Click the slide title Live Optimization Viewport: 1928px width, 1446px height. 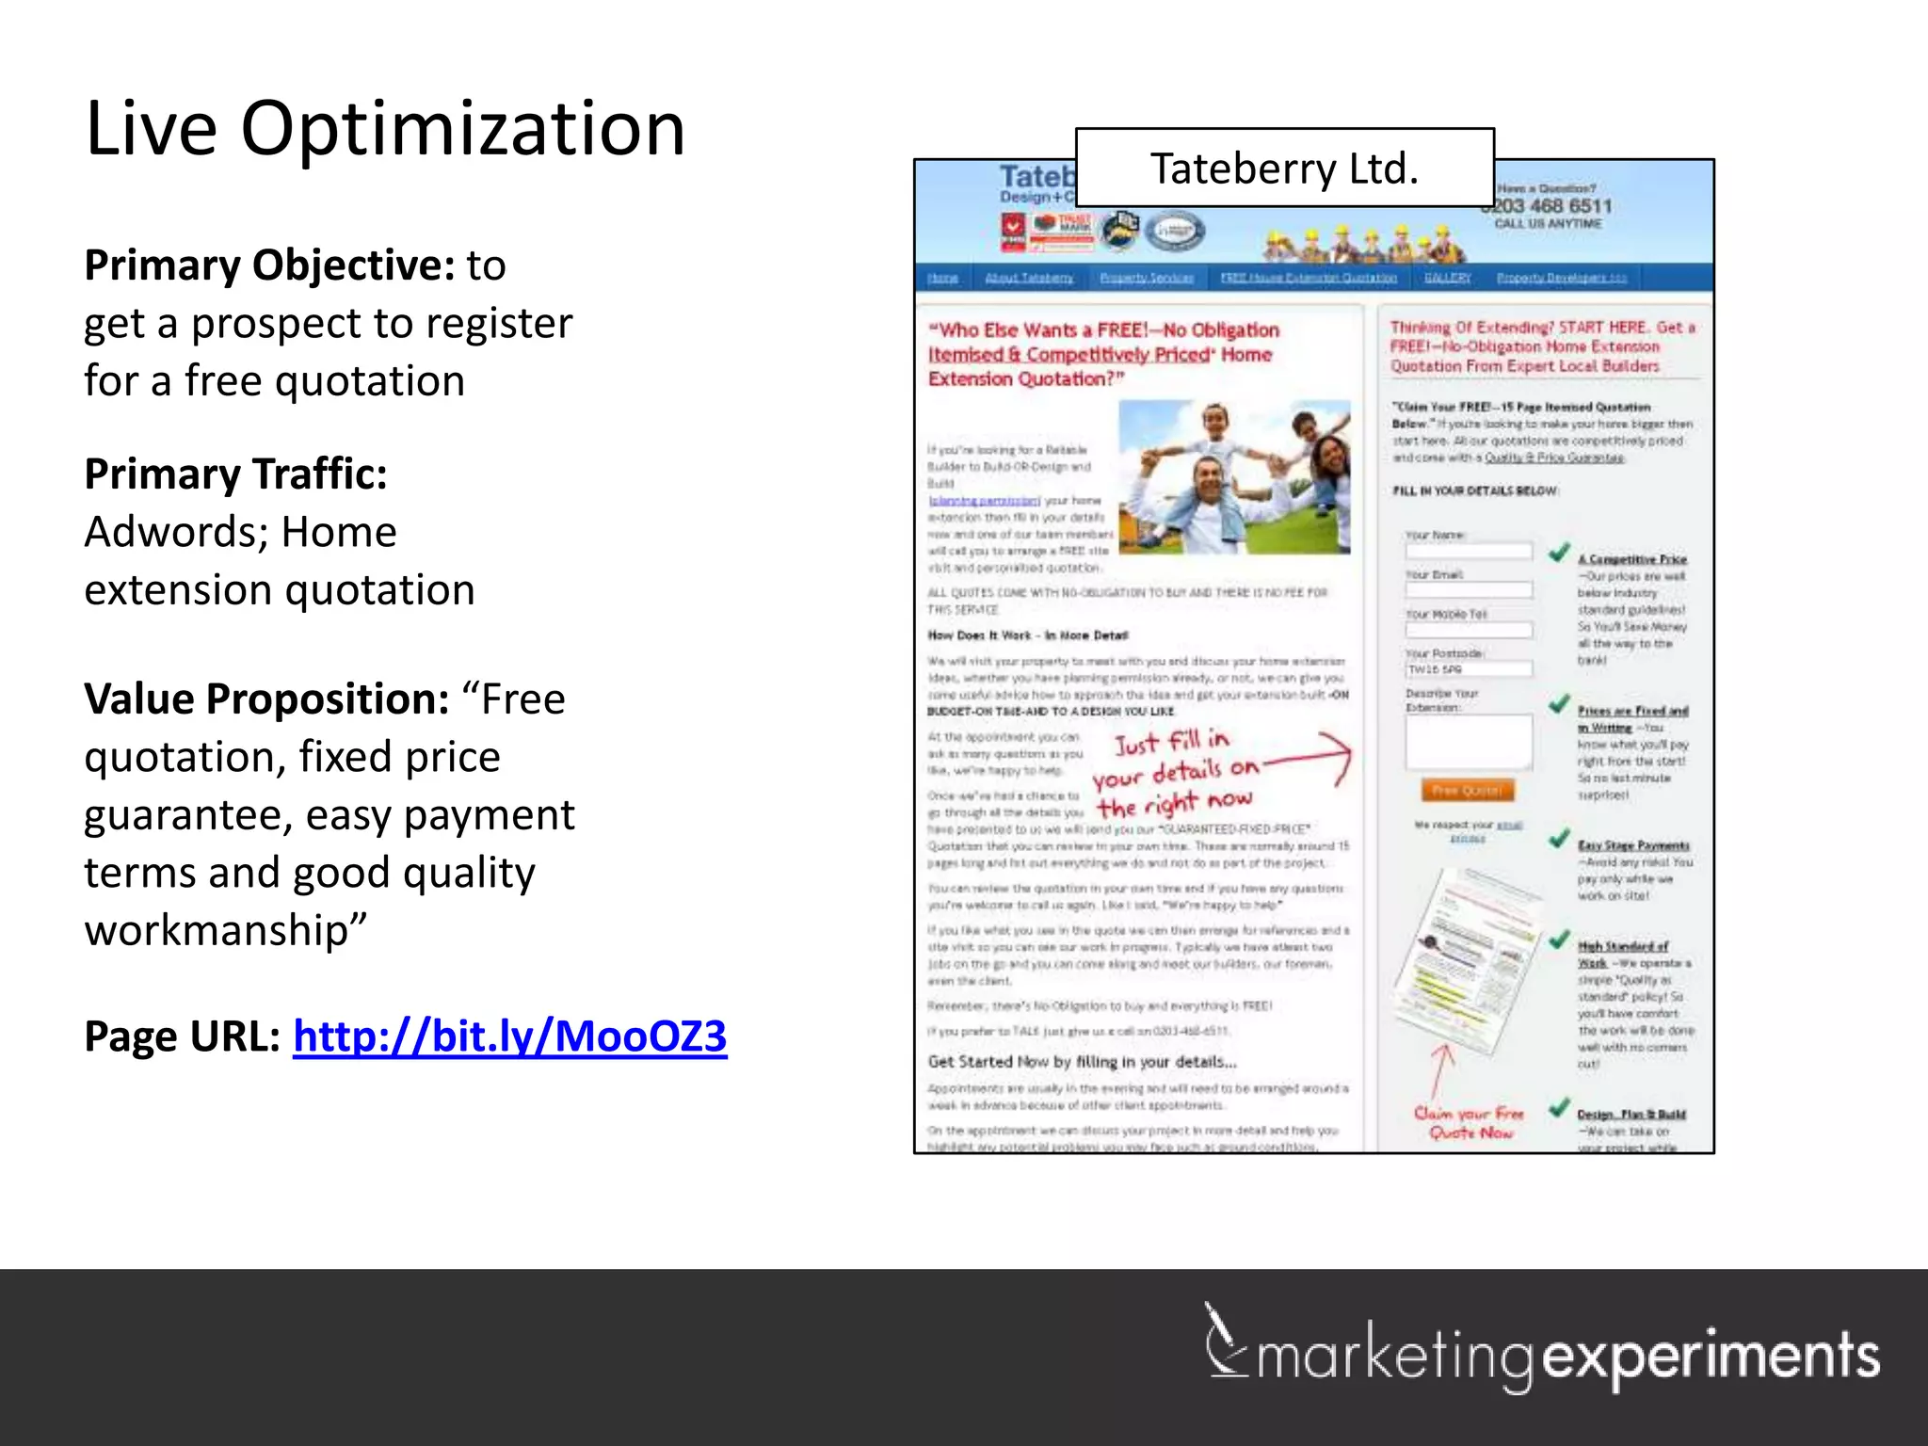tap(384, 129)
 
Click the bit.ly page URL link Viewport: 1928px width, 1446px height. tap(509, 1036)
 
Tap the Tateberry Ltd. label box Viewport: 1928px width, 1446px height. tap(1284, 169)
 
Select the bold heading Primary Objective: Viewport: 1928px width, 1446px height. tap(270, 265)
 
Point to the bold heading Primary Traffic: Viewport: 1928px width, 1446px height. tap(235, 474)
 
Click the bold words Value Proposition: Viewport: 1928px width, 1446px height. tap(266, 699)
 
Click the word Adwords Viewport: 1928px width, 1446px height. tap(175, 532)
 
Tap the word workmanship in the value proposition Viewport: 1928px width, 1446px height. tap(216, 930)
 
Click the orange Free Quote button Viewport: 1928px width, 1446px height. tap(1467, 791)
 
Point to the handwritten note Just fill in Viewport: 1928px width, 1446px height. tap(1172, 743)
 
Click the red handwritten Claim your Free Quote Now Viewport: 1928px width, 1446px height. tap(1469, 1123)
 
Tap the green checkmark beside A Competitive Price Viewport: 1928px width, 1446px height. tap(1559, 553)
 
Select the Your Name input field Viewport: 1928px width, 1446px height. tap(1469, 552)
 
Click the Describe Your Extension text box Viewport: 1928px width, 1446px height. tap(1469, 743)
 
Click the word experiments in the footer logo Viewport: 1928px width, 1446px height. tap(1711, 1358)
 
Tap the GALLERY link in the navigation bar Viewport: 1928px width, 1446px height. tap(1447, 278)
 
